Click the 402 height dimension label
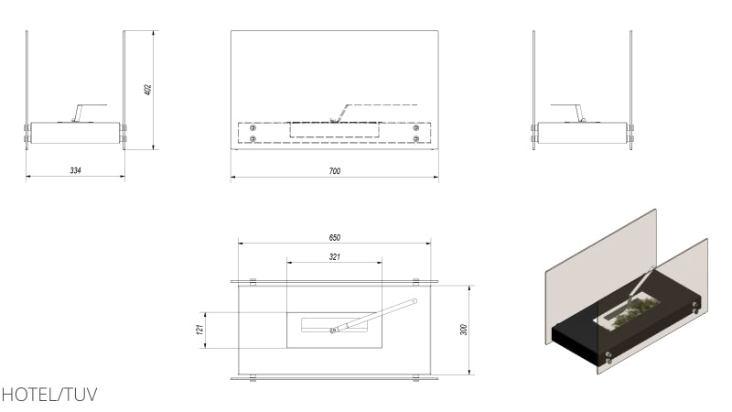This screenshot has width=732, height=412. [148, 90]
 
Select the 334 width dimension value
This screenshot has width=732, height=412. [76, 170]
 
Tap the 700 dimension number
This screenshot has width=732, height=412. [335, 171]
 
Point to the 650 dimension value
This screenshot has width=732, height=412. [335, 238]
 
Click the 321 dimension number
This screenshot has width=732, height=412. [335, 257]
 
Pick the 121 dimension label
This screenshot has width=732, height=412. [200, 330]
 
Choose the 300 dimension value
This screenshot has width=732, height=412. [464, 330]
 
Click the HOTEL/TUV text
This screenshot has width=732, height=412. [49, 395]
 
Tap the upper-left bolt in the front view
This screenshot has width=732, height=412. [253, 128]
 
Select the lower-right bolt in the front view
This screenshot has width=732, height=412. [416, 139]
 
